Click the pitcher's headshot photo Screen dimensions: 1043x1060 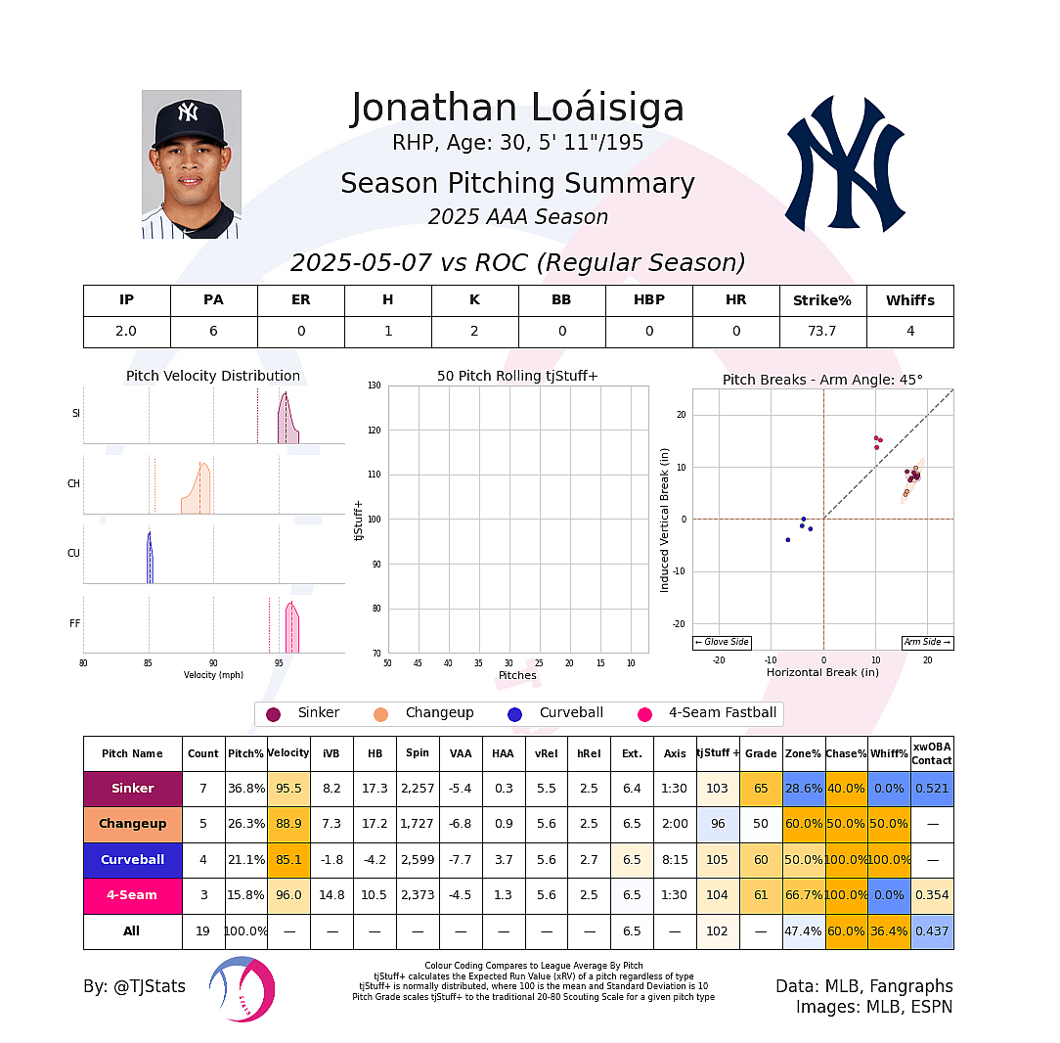pos(191,164)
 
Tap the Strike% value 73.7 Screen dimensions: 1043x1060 pos(822,331)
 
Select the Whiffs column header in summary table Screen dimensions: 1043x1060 pos(909,300)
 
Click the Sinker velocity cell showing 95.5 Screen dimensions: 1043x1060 pos(288,788)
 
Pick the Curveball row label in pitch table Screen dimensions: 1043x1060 pos(133,859)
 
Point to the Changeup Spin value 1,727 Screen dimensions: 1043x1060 pos(418,824)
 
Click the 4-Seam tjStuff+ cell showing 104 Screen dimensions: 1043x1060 pos(718,895)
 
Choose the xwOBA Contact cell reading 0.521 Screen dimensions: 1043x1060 pos(932,788)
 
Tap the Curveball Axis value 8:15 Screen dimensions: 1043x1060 pos(675,859)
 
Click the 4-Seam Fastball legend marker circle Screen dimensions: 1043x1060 pos(644,714)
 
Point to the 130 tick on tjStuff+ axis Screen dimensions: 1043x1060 pos(375,385)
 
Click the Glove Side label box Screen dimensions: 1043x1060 pos(722,642)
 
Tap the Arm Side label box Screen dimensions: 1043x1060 pos(927,642)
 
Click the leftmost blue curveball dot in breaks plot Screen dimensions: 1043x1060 pos(787,540)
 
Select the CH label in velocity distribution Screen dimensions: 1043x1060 pos(73,483)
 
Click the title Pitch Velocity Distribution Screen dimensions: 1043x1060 pos(213,376)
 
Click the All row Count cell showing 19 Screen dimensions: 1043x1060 pos(203,931)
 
